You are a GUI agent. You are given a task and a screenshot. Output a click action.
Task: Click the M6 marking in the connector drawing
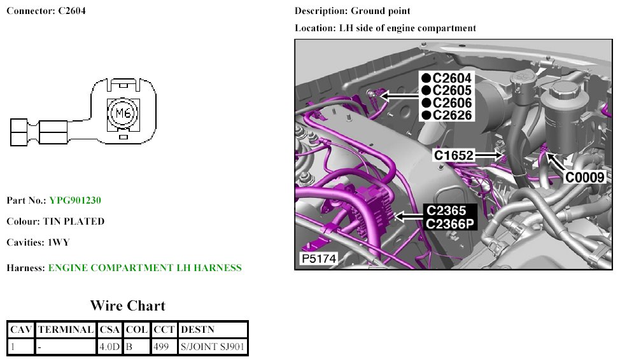point(123,114)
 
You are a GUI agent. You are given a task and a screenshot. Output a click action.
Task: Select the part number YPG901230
point(75,200)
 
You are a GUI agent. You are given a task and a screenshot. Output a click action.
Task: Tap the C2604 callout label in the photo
point(452,78)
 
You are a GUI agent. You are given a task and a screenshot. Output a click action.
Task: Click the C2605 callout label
point(452,90)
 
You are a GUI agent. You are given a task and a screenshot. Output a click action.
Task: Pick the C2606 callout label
point(452,102)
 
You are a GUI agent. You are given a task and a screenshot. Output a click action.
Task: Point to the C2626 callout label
point(452,115)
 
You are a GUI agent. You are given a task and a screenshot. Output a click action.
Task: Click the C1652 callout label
point(453,155)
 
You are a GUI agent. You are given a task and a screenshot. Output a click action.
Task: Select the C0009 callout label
point(585,178)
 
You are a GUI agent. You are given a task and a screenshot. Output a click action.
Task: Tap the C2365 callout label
point(446,211)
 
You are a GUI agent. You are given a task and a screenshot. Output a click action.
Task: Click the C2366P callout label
point(450,224)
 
